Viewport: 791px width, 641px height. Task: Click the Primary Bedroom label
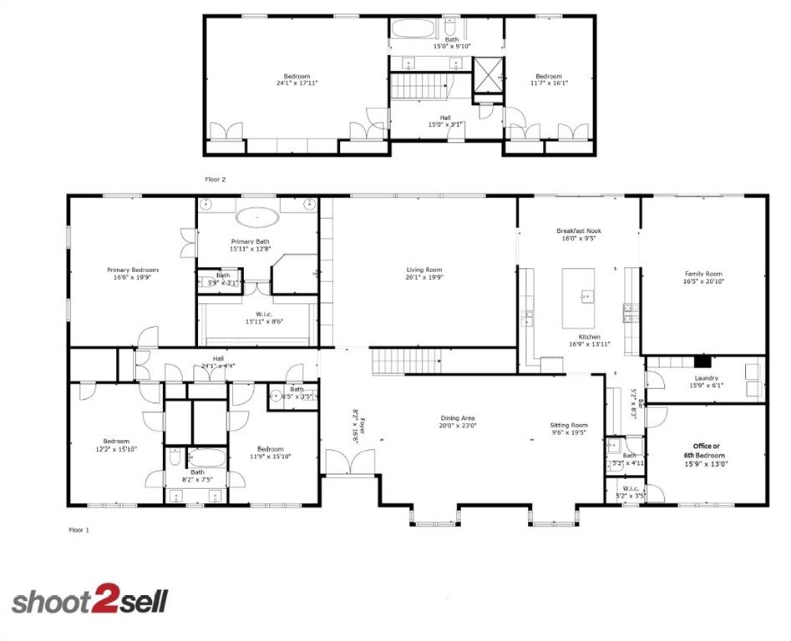[132, 270]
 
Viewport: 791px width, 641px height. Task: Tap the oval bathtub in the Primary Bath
[257, 219]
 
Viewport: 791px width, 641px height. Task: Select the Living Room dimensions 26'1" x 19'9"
[424, 278]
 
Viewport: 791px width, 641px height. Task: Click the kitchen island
[580, 297]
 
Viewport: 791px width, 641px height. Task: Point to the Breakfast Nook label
[579, 231]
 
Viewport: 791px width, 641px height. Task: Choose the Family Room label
[703, 274]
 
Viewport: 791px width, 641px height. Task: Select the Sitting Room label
[569, 425]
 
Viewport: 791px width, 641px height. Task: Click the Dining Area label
[458, 418]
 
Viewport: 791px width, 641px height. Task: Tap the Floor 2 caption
[215, 179]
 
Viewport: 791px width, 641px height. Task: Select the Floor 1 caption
[79, 529]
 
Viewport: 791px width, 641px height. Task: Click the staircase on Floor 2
[421, 86]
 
